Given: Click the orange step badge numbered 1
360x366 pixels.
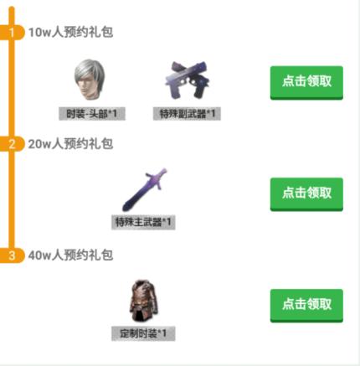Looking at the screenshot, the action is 12,33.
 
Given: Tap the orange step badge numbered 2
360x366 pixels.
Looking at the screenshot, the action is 12,144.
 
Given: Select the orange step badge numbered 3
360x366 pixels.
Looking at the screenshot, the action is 12,255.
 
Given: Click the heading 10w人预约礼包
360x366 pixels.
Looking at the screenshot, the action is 70,32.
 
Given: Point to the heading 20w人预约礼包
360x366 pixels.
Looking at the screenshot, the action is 70,144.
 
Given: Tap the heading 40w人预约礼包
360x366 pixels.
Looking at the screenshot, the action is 70,255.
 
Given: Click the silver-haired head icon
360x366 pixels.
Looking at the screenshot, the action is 90,80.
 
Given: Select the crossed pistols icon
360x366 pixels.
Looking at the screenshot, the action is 188,80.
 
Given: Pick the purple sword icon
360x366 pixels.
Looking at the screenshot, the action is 144,190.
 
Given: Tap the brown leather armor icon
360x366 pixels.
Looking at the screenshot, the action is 144,301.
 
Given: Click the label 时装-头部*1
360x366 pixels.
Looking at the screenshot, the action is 92,114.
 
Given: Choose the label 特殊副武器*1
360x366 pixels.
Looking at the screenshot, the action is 187,114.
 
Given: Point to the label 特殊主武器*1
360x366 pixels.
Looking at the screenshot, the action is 143,222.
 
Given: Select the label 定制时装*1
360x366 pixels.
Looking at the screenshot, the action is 143,333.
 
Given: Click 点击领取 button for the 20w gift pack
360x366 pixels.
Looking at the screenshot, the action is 306,193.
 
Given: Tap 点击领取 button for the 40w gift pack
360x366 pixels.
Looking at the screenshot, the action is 306,305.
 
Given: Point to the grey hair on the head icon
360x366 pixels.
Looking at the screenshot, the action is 90,70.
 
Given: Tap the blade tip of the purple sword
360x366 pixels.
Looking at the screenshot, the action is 125,208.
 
